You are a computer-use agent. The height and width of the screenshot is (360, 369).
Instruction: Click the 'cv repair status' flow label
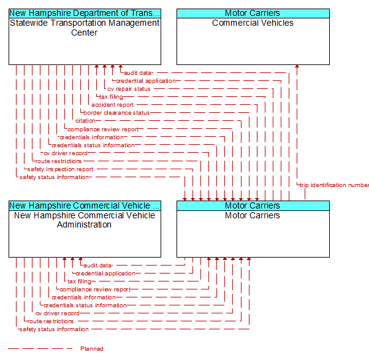[129, 89]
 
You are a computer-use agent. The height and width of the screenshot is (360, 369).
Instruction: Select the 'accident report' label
[113, 105]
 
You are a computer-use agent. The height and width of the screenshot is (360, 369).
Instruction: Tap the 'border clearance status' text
[116, 113]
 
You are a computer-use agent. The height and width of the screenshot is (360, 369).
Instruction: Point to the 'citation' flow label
[85, 121]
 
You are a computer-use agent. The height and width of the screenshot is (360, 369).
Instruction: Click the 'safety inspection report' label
[60, 169]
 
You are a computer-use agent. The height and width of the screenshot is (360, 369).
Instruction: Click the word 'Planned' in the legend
[92, 349]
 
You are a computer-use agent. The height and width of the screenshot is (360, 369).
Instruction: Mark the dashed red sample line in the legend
[40, 349]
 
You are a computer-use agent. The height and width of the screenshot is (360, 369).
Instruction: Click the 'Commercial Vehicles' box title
[253, 23]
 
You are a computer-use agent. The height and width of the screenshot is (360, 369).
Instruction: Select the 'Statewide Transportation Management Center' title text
[85, 28]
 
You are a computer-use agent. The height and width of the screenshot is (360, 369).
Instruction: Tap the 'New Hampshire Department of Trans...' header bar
[85, 13]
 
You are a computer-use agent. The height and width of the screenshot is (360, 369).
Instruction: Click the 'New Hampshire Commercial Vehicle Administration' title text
[85, 220]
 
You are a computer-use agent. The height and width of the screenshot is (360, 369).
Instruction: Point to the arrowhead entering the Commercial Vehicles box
[297, 66]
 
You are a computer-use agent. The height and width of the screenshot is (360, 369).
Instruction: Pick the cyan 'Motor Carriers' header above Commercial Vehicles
[253, 13]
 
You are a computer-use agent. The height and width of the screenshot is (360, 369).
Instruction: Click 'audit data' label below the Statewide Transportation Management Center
[137, 73]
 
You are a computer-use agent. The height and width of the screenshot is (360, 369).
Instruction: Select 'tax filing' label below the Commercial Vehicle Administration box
[79, 281]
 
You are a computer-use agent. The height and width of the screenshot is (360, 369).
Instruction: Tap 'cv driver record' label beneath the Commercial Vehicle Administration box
[58, 313]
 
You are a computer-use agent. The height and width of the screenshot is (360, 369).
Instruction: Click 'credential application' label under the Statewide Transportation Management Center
[146, 81]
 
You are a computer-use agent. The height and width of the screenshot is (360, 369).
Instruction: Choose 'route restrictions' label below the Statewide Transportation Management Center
[58, 161]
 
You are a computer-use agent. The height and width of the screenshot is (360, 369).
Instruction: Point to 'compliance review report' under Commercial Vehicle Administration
[95, 289]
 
